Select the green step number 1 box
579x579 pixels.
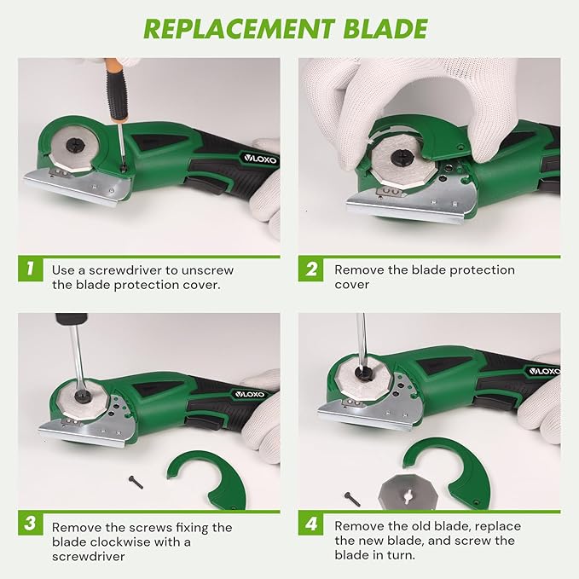(30, 270)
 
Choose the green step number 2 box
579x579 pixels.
(311, 270)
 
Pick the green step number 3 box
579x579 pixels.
(30, 527)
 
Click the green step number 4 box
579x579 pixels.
(311, 527)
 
